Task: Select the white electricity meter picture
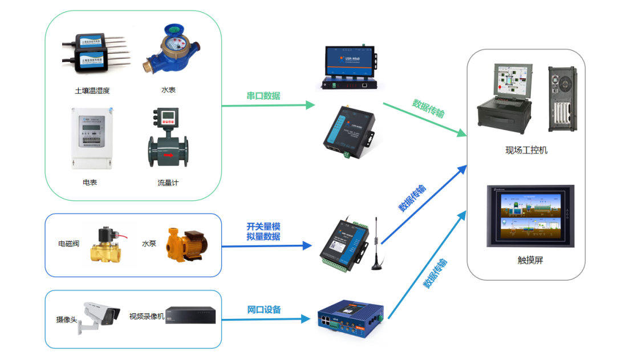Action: [90, 137]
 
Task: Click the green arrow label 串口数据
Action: [263, 96]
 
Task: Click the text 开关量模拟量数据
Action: [263, 232]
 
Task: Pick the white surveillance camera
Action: [100, 315]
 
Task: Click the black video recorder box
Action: [190, 315]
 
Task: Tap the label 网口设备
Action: [264, 310]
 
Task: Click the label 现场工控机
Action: [526, 150]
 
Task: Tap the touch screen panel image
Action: [530, 216]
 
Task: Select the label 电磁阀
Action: [68, 244]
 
